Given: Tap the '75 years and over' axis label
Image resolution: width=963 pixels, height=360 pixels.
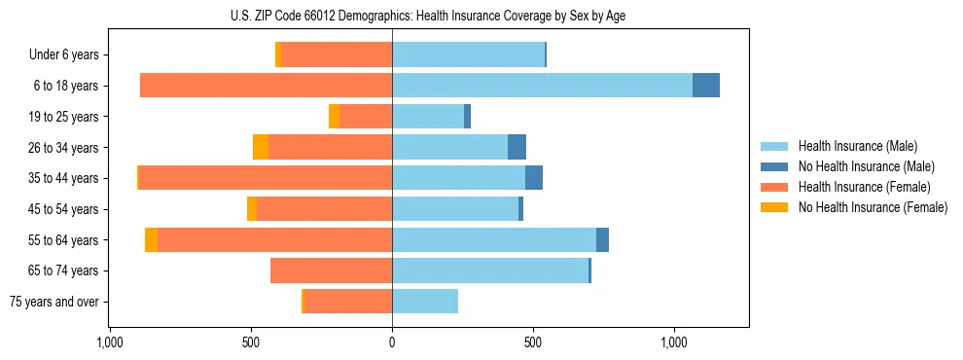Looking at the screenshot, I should (54, 302).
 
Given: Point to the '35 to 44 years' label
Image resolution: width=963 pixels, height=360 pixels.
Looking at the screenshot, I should (63, 178).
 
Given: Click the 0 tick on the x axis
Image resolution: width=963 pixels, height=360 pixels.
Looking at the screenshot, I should (392, 343).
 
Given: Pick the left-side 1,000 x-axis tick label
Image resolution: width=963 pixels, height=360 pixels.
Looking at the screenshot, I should (110, 343).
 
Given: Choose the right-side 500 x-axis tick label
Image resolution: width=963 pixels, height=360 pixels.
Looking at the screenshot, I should (533, 343).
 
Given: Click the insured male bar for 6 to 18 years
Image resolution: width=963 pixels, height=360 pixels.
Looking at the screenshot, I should (542, 86).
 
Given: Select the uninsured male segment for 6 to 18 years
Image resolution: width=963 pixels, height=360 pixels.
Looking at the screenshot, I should (706, 86).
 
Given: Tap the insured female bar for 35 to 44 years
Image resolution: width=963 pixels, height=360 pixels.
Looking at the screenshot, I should (266, 178).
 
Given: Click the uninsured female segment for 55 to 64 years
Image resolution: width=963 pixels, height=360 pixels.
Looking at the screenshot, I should (152, 240).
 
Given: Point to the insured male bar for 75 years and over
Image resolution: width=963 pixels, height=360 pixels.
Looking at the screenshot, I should (425, 302).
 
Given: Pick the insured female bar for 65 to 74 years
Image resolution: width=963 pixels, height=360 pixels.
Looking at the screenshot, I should (332, 270).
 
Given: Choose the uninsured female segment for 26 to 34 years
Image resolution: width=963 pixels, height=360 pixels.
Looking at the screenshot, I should (261, 147).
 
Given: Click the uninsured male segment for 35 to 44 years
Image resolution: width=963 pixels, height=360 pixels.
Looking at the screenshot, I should (534, 178).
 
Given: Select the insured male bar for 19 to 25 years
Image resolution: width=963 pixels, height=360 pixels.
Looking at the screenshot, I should (428, 117).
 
